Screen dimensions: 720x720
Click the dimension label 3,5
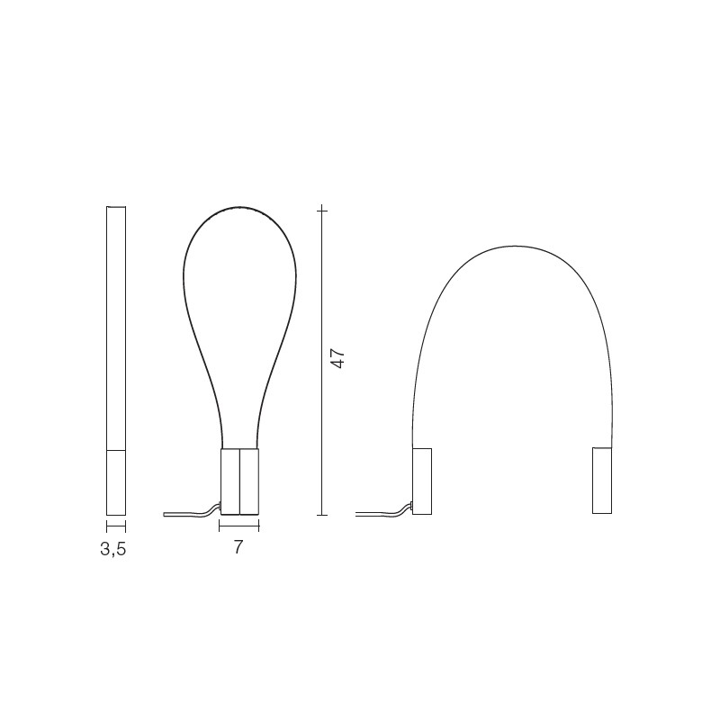113,549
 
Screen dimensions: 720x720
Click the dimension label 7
238,547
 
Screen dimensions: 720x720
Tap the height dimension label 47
338,358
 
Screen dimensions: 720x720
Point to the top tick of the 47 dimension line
322,211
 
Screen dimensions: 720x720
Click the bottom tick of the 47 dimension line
322,515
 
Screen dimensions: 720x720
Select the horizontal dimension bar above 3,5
116,526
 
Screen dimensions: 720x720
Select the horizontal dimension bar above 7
239,526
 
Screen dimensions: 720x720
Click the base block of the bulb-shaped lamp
239,481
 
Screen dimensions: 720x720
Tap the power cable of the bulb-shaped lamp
192,511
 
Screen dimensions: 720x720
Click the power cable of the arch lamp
384,511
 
